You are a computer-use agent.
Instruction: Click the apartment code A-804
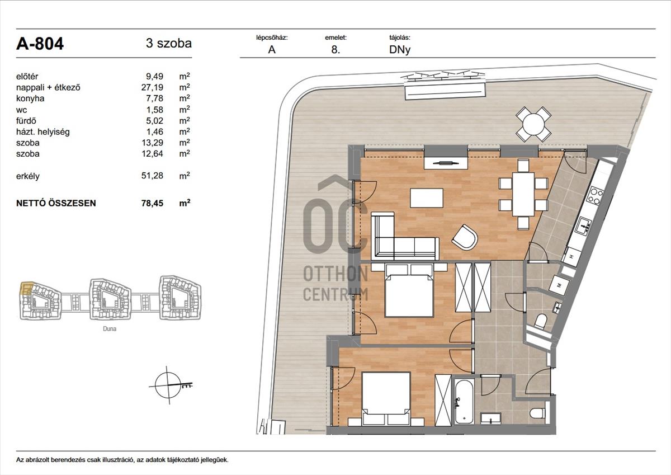point(40,44)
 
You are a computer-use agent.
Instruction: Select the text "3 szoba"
point(169,44)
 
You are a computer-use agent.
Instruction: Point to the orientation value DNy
point(400,50)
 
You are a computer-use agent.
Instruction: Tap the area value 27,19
point(152,87)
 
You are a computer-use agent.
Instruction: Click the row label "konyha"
point(30,98)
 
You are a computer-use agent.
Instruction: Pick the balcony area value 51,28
point(152,176)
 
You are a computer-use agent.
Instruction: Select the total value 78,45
point(152,203)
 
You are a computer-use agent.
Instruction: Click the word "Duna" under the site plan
point(110,329)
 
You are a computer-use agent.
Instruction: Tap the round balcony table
point(533,124)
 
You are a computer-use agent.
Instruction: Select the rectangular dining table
point(523,194)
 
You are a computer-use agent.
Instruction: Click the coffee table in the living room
point(427,198)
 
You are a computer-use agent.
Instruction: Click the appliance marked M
point(559,285)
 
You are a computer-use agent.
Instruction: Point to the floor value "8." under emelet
point(335,50)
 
